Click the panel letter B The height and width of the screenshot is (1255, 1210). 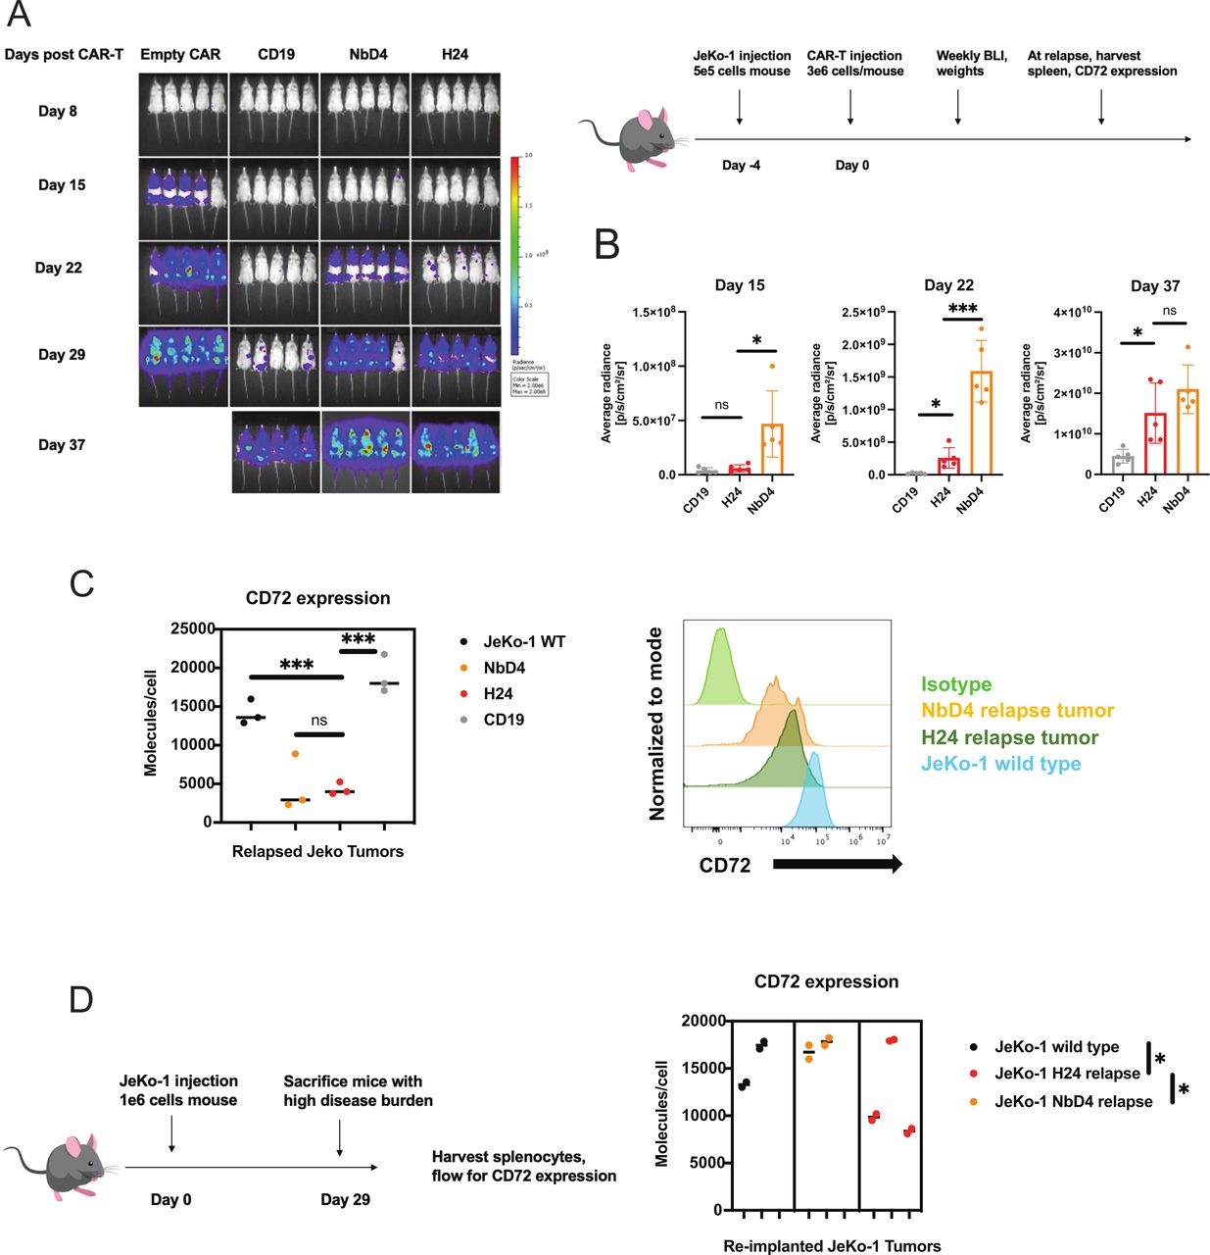tap(607, 244)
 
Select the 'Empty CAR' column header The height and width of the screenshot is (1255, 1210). tap(180, 54)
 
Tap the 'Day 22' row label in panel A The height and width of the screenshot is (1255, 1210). tap(59, 268)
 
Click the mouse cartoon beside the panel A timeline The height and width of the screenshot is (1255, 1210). tap(628, 138)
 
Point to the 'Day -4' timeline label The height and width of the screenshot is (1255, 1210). tap(741, 166)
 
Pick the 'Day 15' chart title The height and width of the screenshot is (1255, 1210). tap(740, 285)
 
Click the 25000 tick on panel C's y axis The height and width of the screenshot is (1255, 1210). tap(193, 628)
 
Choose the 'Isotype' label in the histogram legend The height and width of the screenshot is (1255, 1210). tap(956, 684)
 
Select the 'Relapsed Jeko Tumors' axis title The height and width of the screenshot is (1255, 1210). tap(317, 851)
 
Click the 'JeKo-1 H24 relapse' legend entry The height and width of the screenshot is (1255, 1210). tap(1067, 1074)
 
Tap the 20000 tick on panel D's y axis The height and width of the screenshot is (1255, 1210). tap(703, 1021)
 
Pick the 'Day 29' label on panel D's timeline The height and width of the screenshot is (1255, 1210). tap(345, 1199)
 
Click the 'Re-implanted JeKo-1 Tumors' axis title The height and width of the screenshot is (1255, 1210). tap(832, 1246)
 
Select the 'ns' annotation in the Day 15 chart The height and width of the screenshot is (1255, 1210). tap(721, 405)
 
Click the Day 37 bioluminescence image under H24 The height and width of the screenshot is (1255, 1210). tap(456, 451)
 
